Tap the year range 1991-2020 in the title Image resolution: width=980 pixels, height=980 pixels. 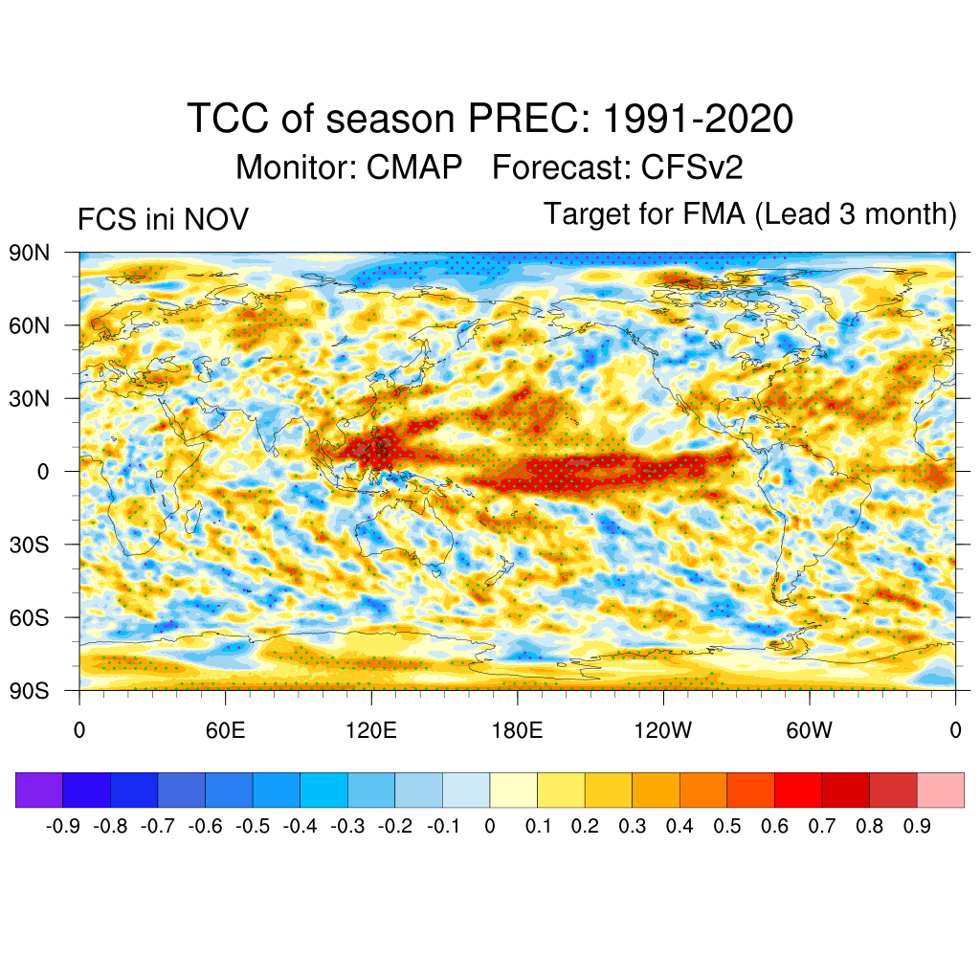[x=699, y=120]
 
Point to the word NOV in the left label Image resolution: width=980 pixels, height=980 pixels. [x=216, y=220]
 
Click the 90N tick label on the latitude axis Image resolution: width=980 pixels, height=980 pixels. [x=31, y=253]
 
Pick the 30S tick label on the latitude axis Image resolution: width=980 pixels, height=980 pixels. [x=31, y=545]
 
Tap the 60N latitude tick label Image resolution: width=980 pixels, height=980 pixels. [x=31, y=325]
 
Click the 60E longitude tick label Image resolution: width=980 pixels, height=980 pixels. [x=225, y=730]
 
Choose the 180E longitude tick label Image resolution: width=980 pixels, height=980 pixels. [x=517, y=730]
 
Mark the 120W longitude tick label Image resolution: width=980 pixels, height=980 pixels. [x=663, y=730]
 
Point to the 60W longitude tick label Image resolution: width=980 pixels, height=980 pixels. [x=809, y=730]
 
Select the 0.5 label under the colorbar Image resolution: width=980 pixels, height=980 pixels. [x=727, y=825]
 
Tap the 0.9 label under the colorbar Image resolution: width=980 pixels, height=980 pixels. [x=917, y=825]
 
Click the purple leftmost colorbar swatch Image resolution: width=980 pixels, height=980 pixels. [x=39, y=790]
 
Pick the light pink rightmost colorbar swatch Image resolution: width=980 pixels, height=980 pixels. [x=940, y=790]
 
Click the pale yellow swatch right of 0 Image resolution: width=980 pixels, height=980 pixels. [x=513, y=790]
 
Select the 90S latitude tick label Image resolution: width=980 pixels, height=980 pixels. [x=31, y=690]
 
